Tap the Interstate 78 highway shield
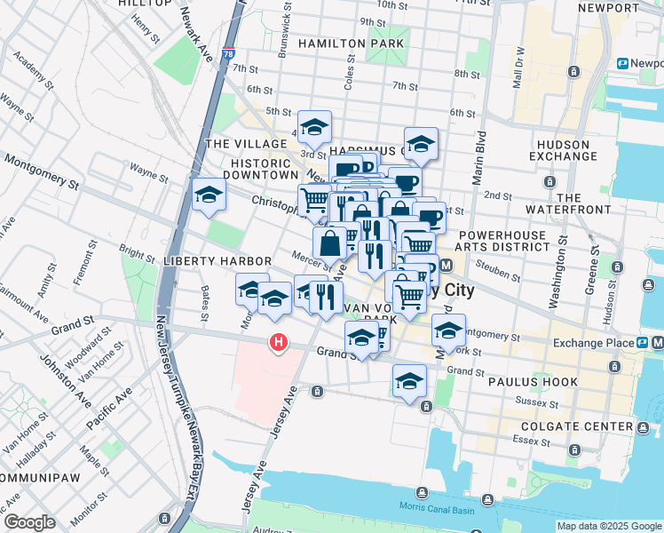pos(229,53)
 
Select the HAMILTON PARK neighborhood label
pos(352,44)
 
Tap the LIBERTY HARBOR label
pos(204,262)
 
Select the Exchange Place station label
pos(590,343)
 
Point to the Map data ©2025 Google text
pos(609,526)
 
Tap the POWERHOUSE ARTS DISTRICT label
pos(504,241)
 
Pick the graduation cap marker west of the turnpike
pos(209,195)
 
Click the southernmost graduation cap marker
pos(409,382)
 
